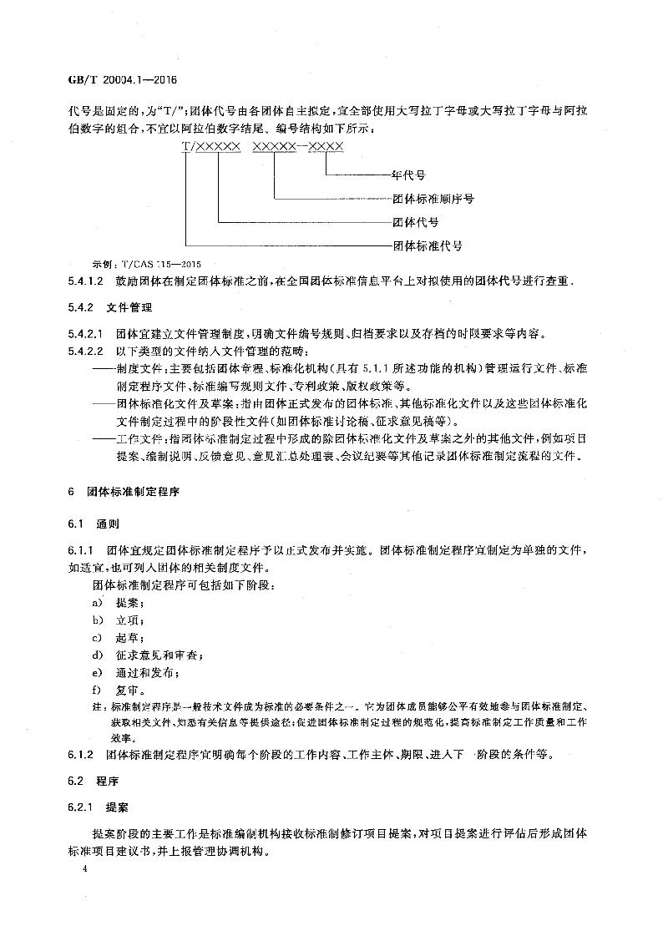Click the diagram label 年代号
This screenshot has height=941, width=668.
pyautogui.click(x=409, y=175)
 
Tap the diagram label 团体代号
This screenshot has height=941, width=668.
pyautogui.click(x=415, y=223)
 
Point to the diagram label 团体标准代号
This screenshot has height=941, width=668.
pyautogui.click(x=427, y=246)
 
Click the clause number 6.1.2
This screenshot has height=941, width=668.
pyautogui.click(x=81, y=756)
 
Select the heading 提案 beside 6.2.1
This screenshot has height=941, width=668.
pyautogui.click(x=117, y=809)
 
